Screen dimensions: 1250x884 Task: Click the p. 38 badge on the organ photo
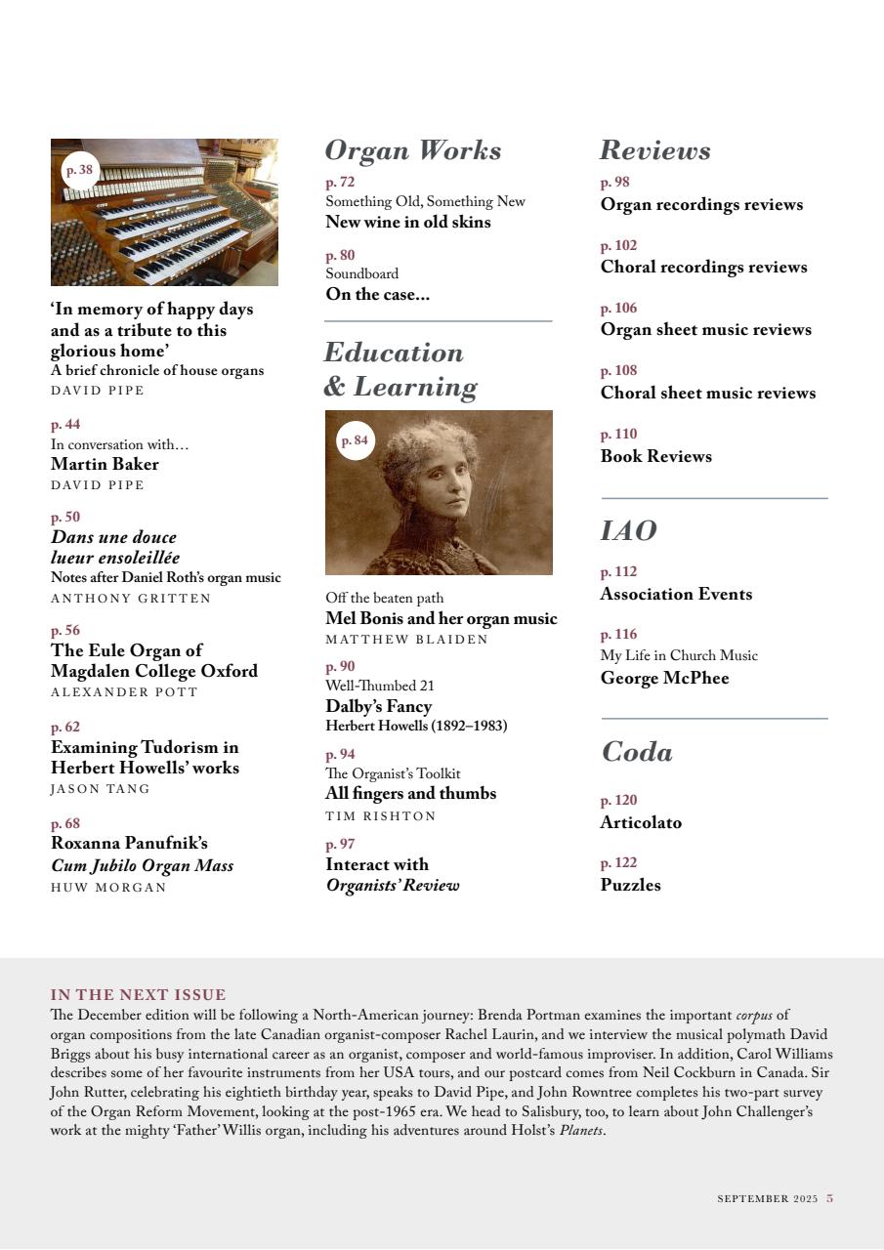point(79,170)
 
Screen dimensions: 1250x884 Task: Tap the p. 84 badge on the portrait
point(355,440)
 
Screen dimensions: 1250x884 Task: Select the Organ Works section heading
point(412,150)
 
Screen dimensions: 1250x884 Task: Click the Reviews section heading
point(654,150)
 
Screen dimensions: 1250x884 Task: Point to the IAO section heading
point(628,531)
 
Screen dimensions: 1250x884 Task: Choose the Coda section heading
point(636,752)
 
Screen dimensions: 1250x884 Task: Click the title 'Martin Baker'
point(105,464)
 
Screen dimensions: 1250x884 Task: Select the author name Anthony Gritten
point(131,599)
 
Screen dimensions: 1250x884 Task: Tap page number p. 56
point(65,631)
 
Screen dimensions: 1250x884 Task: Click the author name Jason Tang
point(101,789)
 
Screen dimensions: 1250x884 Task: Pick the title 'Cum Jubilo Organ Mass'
point(142,865)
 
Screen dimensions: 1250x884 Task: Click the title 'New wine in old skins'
point(407,222)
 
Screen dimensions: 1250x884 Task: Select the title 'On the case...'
point(377,294)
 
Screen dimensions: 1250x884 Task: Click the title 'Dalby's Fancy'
point(378,706)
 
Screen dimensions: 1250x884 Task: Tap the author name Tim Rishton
point(380,816)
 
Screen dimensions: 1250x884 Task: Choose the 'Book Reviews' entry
point(655,456)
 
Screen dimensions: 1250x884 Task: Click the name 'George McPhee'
point(664,678)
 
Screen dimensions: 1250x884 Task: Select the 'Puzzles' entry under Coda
point(630,885)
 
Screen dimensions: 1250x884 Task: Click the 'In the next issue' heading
point(138,995)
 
